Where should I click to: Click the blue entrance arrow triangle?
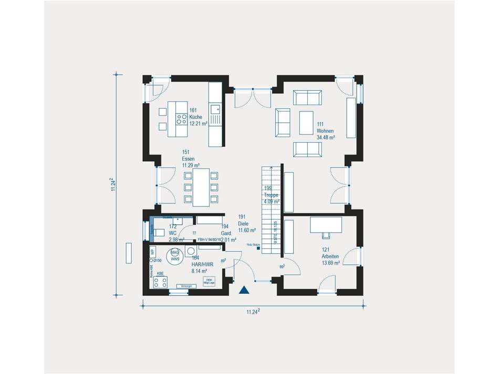244,289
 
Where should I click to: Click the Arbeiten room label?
330,256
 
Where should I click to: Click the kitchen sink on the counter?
215,109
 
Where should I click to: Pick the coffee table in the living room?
306,123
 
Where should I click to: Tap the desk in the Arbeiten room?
326,224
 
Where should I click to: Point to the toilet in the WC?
159,233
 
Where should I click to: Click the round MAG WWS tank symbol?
175,256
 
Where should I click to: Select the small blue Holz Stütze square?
258,249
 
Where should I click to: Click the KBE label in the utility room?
160,274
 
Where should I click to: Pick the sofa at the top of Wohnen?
307,98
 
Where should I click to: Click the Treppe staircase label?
272,195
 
